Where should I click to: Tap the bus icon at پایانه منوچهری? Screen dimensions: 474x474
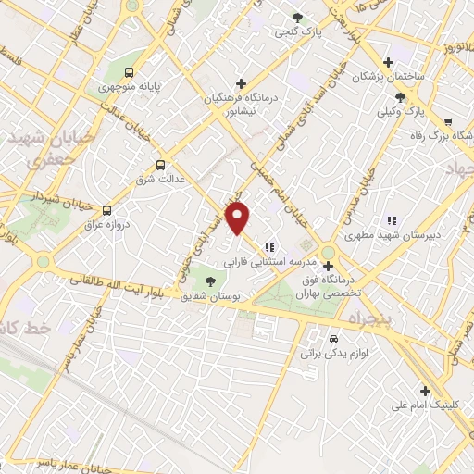click(x=130, y=72)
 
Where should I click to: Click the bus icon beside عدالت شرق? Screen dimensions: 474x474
click(x=162, y=166)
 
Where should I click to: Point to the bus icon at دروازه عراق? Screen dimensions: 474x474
click(x=107, y=210)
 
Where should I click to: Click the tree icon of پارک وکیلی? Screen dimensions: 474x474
click(x=399, y=97)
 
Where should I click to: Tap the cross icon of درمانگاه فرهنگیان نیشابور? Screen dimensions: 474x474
click(x=241, y=82)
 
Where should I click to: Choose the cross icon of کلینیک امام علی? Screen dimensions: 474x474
click(x=425, y=391)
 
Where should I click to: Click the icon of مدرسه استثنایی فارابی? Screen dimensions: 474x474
click(x=268, y=247)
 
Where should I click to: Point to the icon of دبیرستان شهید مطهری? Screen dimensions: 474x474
click(x=392, y=220)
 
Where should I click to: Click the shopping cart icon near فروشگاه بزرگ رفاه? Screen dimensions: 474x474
click(x=448, y=121)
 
